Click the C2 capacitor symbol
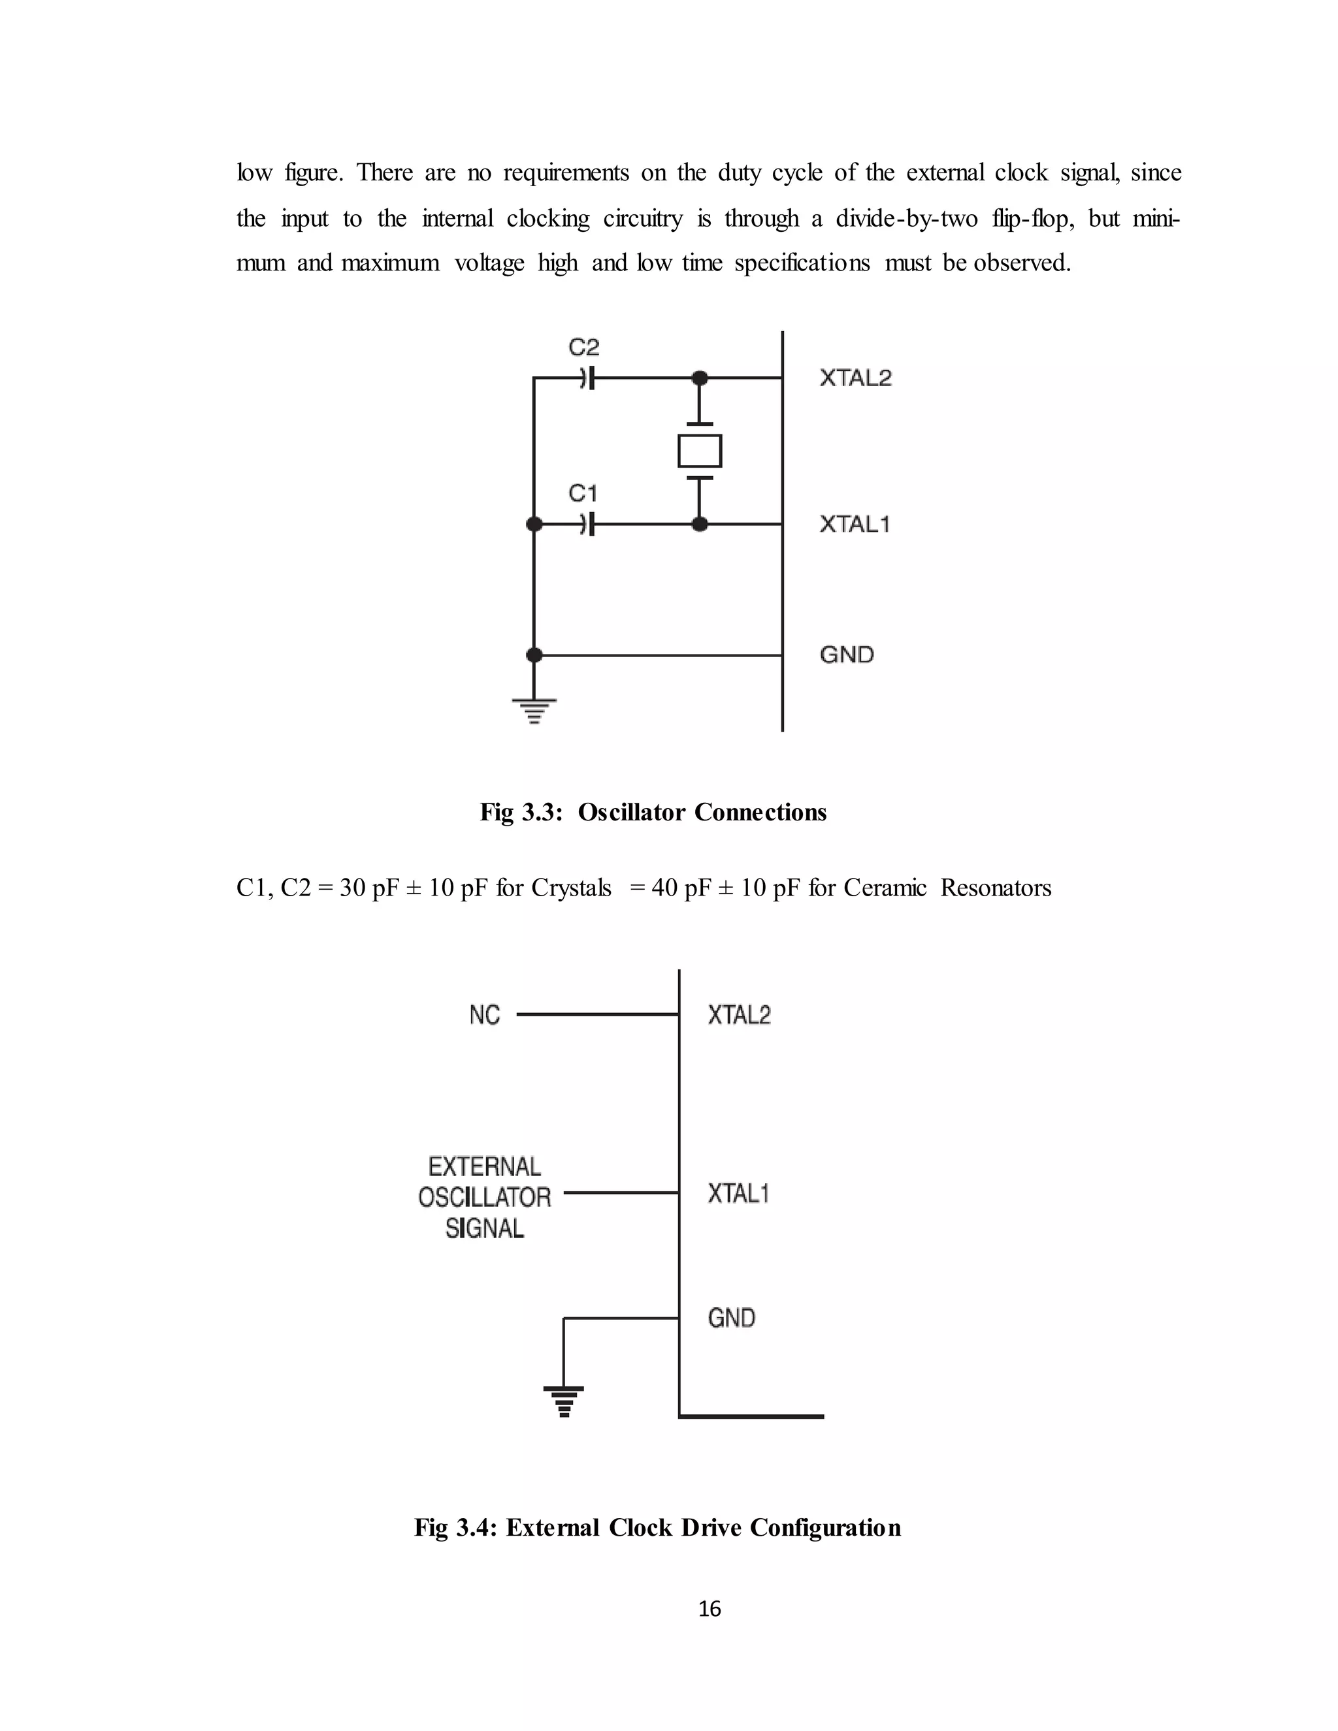[587, 378]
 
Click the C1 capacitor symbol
[587, 524]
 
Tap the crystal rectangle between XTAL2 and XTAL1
[700, 451]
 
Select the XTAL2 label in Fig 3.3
[855, 378]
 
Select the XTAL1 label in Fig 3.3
[855, 524]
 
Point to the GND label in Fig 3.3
[847, 655]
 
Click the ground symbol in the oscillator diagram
[534, 710]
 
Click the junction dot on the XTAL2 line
[700, 378]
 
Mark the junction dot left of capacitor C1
[534, 524]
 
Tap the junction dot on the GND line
[534, 655]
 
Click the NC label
[484, 1014]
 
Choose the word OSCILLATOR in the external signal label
[484, 1197]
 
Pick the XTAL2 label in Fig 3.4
[739, 1014]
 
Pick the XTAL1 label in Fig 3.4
[738, 1193]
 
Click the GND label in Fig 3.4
[731, 1318]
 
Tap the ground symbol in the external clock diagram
[564, 1401]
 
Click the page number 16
[710, 1609]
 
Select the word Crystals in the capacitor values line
[571, 888]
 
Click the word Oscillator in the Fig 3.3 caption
[632, 813]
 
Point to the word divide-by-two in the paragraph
[906, 218]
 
